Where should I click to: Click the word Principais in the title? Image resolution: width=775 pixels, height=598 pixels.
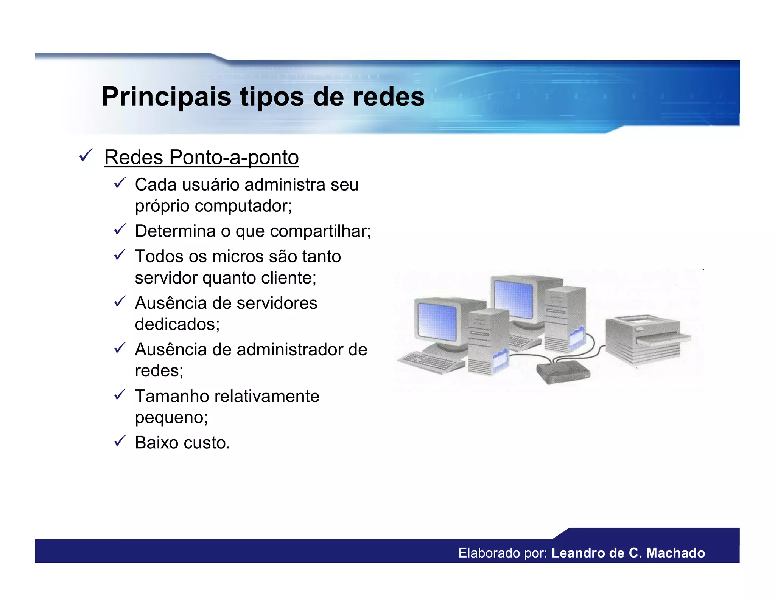tap(166, 97)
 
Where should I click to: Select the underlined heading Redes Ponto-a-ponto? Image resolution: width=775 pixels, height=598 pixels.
tap(201, 157)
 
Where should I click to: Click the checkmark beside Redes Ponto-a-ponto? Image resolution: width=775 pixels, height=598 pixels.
tap(86, 155)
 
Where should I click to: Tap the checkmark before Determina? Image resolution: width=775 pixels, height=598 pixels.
tap(120, 229)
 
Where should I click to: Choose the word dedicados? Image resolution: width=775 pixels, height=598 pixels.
tap(177, 324)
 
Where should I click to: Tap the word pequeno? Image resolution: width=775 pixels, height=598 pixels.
tap(171, 418)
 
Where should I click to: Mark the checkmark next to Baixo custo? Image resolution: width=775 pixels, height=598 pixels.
tap(120, 441)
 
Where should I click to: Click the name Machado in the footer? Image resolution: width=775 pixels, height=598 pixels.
tap(675, 553)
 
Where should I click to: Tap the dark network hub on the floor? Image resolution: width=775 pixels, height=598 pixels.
tap(563, 372)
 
